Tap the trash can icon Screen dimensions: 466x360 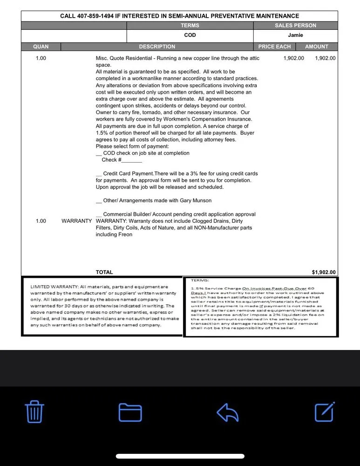(x=34, y=412)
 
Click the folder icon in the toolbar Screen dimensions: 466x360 (x=130, y=412)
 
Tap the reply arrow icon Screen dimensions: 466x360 (x=228, y=412)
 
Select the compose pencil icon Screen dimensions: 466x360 (x=325, y=411)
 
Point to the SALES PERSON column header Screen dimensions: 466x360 (x=295, y=26)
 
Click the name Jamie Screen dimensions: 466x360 (x=295, y=35)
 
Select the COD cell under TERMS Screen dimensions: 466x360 (x=190, y=35)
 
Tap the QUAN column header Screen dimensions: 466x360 (x=41, y=47)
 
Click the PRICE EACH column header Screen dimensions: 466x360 (x=274, y=47)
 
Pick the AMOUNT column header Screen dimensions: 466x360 (x=317, y=47)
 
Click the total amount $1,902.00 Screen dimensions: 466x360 (x=324, y=273)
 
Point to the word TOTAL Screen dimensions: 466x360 (x=104, y=272)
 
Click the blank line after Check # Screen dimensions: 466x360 (x=132, y=160)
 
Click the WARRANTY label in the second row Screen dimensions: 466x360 (x=76, y=221)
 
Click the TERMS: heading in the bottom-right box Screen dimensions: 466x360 (x=200, y=281)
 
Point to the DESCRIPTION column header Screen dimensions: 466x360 (x=157, y=47)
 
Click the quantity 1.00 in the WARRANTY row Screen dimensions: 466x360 (x=41, y=221)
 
